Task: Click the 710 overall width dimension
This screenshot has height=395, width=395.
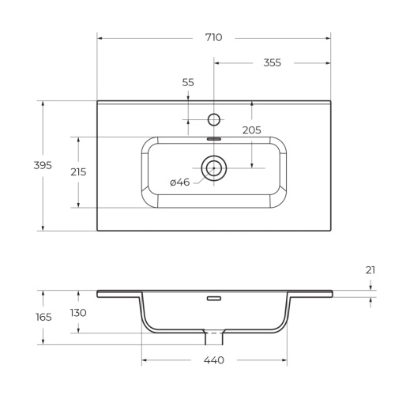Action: point(213,37)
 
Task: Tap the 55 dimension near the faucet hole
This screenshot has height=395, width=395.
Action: point(188,82)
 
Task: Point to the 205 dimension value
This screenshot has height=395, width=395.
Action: point(251,130)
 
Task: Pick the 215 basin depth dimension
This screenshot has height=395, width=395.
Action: point(78,171)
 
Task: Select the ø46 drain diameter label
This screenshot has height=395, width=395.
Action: point(180,182)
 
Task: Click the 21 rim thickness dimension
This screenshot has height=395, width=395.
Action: point(370,270)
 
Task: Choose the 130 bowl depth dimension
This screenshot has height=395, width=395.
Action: point(78,313)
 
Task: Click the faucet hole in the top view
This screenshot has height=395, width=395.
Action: point(213,119)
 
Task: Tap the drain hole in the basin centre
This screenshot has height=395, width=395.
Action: point(213,167)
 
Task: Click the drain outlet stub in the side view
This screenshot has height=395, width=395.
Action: point(213,338)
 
